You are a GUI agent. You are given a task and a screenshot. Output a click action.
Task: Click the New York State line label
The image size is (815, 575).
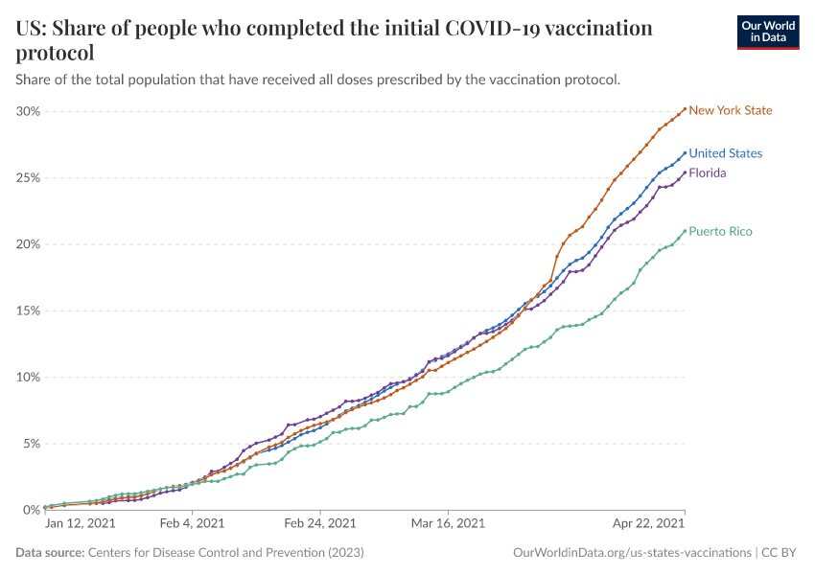click(x=730, y=110)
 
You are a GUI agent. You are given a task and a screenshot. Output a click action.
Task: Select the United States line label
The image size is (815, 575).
click(x=725, y=153)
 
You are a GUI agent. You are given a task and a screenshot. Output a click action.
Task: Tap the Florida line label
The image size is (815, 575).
click(x=708, y=173)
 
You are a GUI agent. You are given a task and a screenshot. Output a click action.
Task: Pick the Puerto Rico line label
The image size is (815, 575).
click(x=720, y=231)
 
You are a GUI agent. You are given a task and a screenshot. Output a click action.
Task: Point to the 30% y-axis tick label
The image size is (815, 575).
click(x=28, y=111)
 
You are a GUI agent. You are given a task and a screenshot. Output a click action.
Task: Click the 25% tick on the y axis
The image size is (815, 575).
click(x=28, y=178)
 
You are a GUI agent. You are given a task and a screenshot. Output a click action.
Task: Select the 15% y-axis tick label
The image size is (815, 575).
click(x=28, y=310)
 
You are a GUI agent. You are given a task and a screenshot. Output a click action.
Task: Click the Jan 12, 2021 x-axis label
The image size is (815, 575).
click(x=81, y=523)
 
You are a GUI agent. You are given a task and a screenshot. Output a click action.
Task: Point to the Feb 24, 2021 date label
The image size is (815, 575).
click(x=320, y=523)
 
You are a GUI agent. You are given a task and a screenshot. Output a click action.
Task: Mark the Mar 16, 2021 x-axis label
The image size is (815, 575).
click(x=448, y=523)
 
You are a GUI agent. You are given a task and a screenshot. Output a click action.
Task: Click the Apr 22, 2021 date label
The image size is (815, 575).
click(x=650, y=523)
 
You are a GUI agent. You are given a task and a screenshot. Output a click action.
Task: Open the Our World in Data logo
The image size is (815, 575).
click(x=767, y=32)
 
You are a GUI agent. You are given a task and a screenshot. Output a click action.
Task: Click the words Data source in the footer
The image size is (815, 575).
click(x=50, y=553)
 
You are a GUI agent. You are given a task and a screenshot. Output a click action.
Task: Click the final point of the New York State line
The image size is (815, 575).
click(x=684, y=108)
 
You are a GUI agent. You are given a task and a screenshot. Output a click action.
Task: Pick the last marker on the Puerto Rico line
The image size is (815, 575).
click(x=684, y=230)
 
